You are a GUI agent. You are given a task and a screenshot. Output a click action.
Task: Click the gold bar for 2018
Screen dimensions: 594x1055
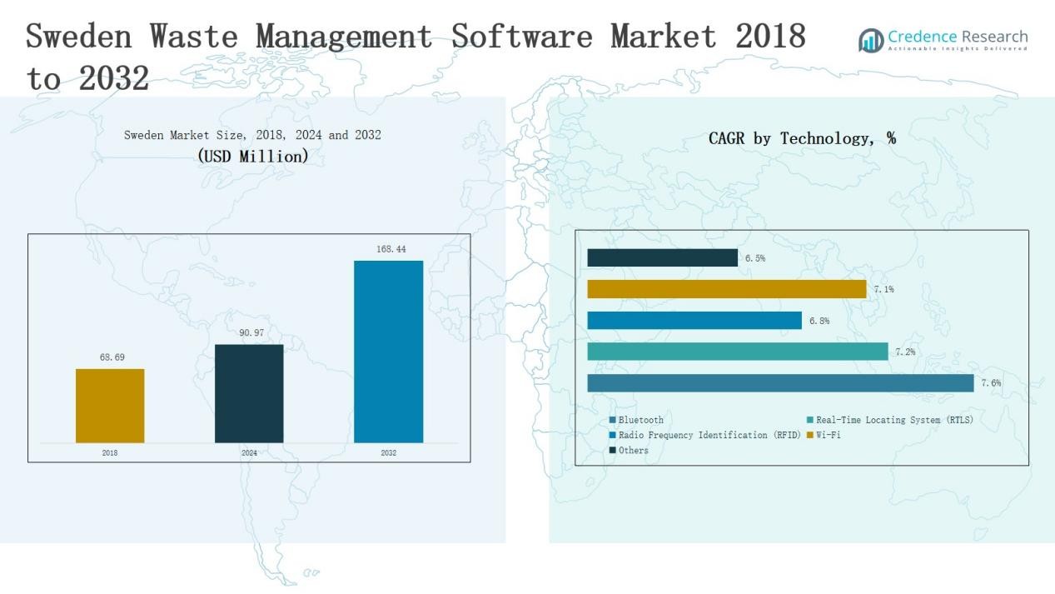(110, 406)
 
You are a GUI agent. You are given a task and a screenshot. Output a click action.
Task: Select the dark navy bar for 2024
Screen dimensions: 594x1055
(249, 393)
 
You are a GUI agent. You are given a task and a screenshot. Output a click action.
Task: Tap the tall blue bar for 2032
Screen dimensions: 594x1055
(388, 352)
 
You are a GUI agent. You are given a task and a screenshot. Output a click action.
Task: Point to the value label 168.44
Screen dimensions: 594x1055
(391, 249)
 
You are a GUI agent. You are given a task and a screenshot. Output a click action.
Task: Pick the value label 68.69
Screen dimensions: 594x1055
(112, 357)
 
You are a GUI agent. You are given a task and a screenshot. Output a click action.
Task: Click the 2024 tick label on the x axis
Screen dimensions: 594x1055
(249, 453)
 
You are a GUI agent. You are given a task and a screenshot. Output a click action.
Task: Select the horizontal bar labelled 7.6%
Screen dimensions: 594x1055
(780, 383)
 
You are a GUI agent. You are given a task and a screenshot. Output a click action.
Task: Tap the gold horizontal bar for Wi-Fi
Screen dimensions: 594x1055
(727, 289)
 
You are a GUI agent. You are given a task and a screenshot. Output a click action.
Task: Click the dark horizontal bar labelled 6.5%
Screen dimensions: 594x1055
(662, 258)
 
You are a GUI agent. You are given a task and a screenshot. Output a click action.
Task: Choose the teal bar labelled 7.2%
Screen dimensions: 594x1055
(738, 352)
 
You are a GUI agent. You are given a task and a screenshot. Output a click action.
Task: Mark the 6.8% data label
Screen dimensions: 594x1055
(819, 321)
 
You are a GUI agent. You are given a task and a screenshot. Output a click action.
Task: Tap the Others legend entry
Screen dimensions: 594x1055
(633, 451)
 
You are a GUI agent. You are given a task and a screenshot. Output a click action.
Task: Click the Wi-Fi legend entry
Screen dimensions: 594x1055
(828, 435)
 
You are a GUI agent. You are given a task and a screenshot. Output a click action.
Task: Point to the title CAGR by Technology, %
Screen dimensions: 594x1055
(802, 139)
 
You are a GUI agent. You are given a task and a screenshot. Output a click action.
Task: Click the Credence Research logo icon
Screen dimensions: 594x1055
(871, 40)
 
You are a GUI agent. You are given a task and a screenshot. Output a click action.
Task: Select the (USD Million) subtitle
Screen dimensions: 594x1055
(253, 156)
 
